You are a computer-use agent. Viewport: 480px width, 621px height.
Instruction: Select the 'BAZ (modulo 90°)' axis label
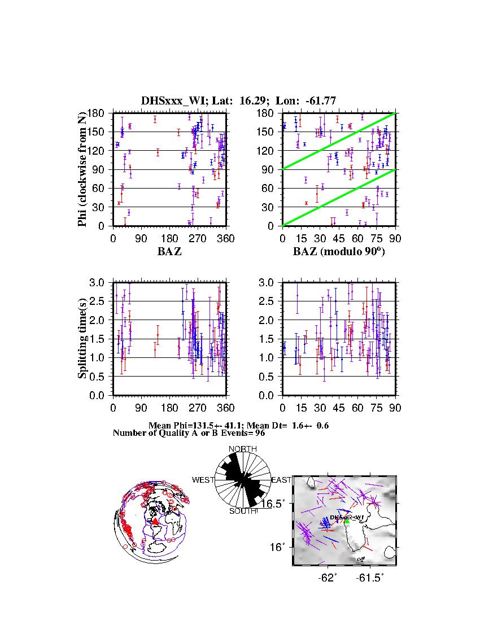pos(339,252)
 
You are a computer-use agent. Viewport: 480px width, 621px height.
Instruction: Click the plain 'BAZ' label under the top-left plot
pos(169,252)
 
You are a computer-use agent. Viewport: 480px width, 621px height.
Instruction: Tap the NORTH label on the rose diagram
pos(243,449)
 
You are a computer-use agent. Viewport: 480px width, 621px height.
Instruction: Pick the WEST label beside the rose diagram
pos(203,480)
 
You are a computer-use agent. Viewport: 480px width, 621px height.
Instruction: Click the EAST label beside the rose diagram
pos(282,480)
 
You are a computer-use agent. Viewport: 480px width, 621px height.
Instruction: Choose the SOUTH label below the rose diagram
pos(243,511)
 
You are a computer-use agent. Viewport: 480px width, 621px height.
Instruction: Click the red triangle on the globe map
pos(155,521)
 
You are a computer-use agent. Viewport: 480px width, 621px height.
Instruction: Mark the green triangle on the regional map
pos(347,521)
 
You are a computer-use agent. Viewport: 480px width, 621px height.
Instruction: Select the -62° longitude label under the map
pos(328,578)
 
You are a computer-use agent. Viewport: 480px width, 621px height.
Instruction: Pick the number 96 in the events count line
pos(252,433)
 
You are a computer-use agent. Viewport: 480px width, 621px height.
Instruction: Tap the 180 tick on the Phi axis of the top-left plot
pos(102,113)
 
